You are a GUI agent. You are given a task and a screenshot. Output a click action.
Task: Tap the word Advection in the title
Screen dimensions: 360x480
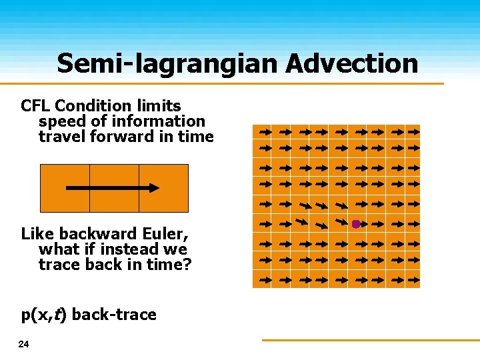353,63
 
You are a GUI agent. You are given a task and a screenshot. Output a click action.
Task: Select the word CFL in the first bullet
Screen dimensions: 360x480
36,105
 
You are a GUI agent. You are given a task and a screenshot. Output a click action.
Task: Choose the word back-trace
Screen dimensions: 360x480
113,314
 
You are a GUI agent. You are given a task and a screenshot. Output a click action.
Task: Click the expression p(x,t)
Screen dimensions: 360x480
44,315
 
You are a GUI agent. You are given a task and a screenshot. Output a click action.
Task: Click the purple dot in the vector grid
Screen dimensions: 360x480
356,224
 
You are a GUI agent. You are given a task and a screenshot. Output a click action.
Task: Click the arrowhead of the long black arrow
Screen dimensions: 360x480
154,188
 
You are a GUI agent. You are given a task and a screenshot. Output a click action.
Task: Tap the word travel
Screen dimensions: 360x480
59,137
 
